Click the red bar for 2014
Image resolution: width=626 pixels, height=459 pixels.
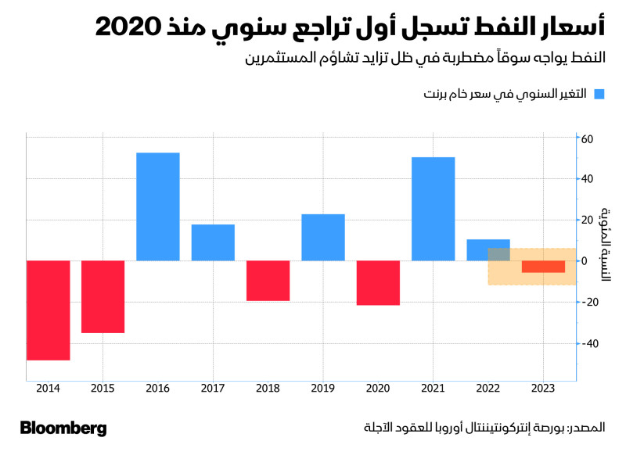tap(49, 310)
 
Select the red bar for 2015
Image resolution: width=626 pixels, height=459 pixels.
tap(103, 297)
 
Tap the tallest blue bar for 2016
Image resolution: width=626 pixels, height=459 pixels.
tap(158, 206)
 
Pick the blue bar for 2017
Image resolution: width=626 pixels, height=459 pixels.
tap(213, 242)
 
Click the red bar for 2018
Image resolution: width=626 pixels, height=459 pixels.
tap(268, 281)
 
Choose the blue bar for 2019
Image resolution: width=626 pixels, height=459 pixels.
tap(323, 237)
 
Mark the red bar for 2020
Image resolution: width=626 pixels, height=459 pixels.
tap(378, 283)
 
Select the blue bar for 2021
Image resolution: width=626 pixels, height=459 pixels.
tap(433, 209)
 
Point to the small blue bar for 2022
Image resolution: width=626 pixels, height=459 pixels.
tap(487, 249)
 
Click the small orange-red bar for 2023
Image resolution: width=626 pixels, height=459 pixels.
tap(543, 267)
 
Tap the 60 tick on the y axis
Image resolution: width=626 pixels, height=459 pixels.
tap(588, 138)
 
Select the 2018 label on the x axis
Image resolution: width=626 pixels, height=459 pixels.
tap(268, 388)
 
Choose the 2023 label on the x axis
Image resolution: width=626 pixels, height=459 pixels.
tap(543, 388)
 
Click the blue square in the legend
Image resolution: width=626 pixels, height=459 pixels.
tap(599, 95)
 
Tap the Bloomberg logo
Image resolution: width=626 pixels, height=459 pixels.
tap(63, 429)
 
